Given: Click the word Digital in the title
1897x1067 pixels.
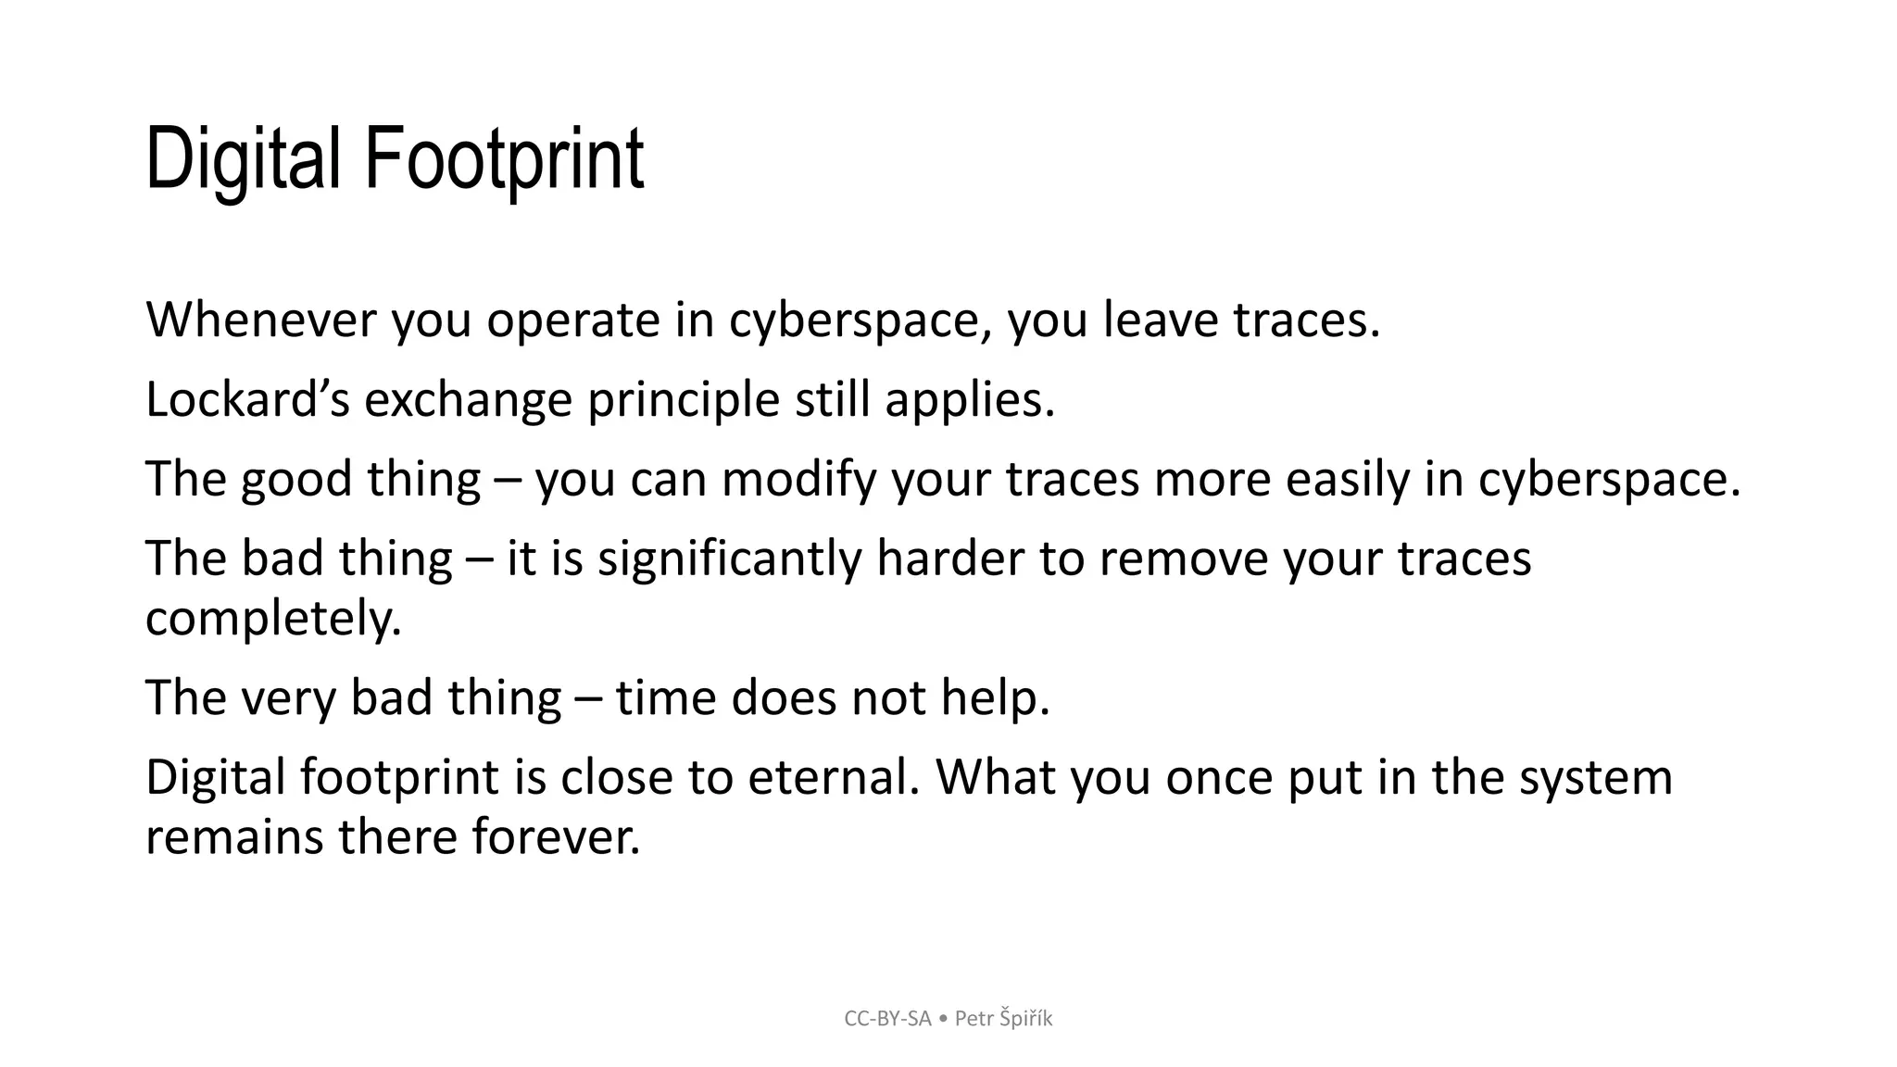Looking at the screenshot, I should point(243,159).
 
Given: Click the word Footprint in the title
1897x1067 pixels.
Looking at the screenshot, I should point(504,159).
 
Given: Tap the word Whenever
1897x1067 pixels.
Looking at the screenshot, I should point(261,320).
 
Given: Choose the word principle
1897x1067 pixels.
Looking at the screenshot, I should point(684,401).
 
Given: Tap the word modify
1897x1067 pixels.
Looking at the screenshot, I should point(798,481).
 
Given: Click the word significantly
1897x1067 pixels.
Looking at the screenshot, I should point(730,560).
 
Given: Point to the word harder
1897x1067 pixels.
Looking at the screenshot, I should point(949,559).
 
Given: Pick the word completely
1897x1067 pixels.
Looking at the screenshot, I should point(273,620).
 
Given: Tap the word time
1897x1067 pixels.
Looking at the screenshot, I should point(666,697).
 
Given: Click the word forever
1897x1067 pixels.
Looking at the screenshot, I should point(556,836).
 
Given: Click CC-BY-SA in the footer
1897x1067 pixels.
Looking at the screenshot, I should point(887,1019).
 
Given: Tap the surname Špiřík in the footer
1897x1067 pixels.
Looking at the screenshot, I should point(1025,1019).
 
